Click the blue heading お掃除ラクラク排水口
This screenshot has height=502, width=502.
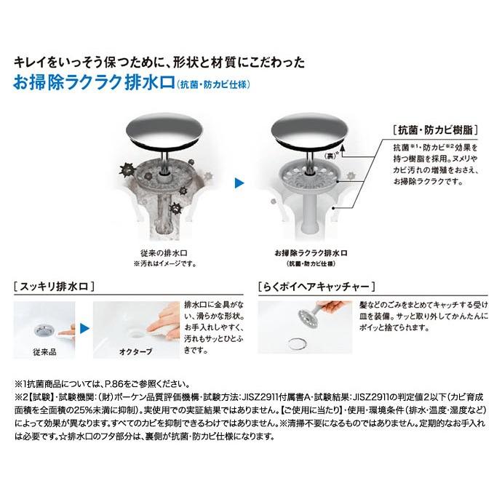(x=94, y=83)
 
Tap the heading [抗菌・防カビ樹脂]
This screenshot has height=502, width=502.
(x=435, y=130)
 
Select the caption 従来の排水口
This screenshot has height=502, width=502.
(x=164, y=253)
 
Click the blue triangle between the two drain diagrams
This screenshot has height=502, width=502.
(x=239, y=183)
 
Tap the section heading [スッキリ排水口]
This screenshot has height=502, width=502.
(x=54, y=286)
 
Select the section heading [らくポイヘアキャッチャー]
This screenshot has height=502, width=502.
(x=316, y=286)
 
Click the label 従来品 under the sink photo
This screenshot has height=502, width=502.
(x=44, y=352)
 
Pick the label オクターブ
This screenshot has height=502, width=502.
(x=136, y=351)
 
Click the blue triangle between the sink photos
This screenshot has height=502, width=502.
(x=84, y=328)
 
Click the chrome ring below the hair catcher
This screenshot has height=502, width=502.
(x=297, y=344)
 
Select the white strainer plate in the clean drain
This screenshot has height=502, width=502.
(x=310, y=177)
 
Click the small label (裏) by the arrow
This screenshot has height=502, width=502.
(x=330, y=156)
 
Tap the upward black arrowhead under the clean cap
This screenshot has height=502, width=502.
(x=342, y=148)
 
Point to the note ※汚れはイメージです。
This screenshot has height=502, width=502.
(x=165, y=264)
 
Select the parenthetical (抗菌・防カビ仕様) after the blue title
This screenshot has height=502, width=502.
(x=213, y=84)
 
